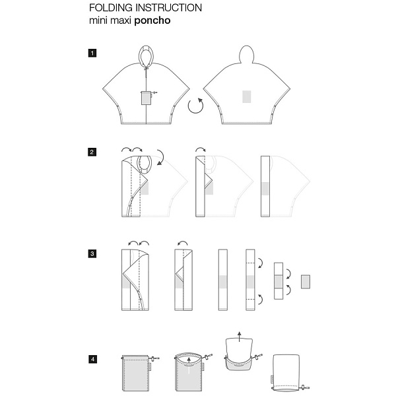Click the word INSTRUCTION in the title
(169, 8)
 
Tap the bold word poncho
(152, 20)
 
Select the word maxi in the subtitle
(121, 20)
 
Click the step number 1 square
(92, 53)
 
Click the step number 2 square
(92, 152)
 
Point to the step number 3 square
(92, 253)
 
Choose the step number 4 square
(92, 359)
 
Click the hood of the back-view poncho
(246, 54)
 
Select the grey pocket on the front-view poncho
(146, 98)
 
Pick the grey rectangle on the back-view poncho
(247, 97)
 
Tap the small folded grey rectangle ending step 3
(306, 282)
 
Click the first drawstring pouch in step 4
(135, 372)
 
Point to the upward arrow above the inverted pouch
(240, 337)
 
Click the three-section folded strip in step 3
(279, 281)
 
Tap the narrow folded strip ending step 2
(265, 186)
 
